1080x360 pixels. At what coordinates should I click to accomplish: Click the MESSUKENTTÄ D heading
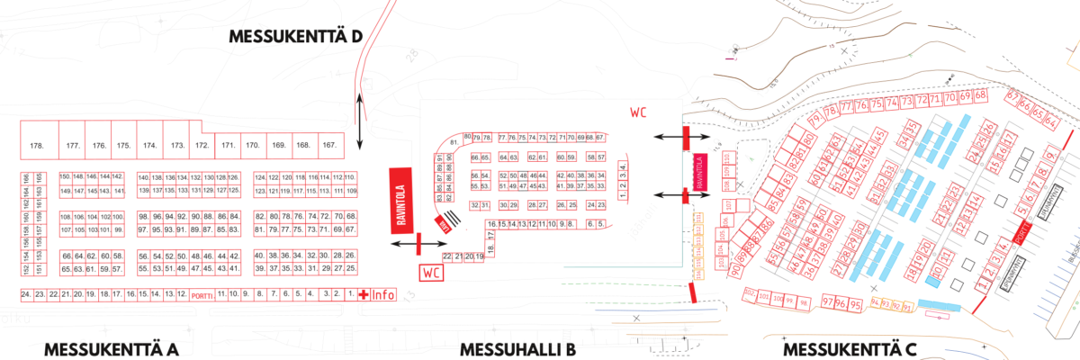coord(294,37)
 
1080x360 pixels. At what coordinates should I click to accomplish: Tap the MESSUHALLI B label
coord(517,349)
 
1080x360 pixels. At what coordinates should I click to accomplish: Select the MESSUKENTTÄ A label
coord(111,349)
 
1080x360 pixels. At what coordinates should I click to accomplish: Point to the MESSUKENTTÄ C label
coord(849,349)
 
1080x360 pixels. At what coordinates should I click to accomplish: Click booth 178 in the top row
coord(37,146)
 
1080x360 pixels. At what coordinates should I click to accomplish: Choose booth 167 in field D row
coord(329,145)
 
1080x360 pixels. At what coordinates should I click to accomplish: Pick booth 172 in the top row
coord(202,145)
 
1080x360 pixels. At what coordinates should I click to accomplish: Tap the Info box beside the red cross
coord(383,294)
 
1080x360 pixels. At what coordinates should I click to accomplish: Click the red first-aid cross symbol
coord(364,294)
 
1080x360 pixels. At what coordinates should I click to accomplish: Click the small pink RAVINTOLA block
coord(699,174)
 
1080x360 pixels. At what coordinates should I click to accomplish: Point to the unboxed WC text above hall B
coord(638,112)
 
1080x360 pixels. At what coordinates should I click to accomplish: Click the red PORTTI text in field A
coord(202,294)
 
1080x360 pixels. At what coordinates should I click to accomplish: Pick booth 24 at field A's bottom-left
coord(26,294)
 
